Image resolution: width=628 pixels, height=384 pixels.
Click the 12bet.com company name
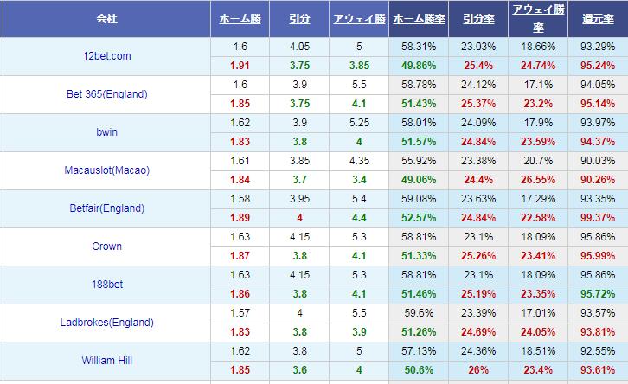pyautogui.click(x=106, y=56)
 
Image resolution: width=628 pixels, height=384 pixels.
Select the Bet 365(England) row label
pyautogui.click(x=106, y=94)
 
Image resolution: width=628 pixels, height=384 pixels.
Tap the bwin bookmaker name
pyautogui.click(x=106, y=132)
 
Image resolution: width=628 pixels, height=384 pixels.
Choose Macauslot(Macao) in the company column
pyautogui.click(x=106, y=170)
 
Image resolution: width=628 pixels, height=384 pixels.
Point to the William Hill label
pyautogui.click(x=106, y=361)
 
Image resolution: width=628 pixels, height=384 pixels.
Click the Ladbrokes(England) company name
pyautogui.click(x=106, y=323)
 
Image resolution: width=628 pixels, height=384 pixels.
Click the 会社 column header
pyautogui.click(x=106, y=18)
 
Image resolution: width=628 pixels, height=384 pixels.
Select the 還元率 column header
pyautogui.click(x=598, y=18)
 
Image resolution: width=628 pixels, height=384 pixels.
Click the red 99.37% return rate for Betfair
pyautogui.click(x=598, y=217)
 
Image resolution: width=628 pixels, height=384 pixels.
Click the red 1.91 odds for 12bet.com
pyautogui.click(x=240, y=65)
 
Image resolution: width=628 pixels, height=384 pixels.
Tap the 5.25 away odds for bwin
pyautogui.click(x=359, y=123)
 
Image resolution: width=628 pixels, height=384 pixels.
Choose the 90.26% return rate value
pyautogui.click(x=598, y=179)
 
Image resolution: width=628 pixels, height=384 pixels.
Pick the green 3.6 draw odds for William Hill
pyautogui.click(x=299, y=370)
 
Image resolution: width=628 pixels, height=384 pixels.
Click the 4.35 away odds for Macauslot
pyautogui.click(x=359, y=161)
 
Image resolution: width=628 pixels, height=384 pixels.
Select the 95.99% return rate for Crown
pyautogui.click(x=598, y=255)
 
